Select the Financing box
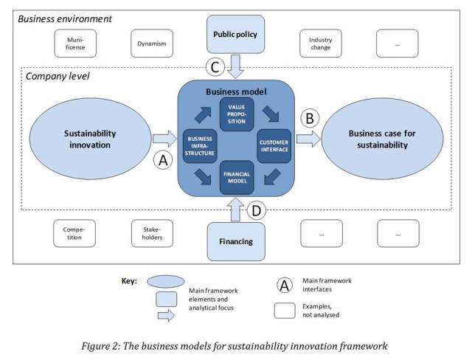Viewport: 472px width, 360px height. tap(237, 241)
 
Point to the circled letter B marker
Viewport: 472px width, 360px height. tap(309, 118)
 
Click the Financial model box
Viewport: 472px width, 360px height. tap(237, 177)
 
